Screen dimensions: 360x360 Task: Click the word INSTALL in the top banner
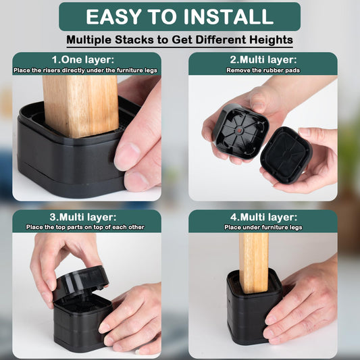tap(228, 16)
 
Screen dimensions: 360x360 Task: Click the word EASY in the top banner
tap(114, 16)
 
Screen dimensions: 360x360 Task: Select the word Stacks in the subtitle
tap(134, 40)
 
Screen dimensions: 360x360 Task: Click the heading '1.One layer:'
tap(83, 59)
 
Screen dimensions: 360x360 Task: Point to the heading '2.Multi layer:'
tap(263, 59)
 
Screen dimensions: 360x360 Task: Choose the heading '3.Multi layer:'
tap(83, 217)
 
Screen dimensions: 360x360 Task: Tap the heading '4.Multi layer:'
tap(263, 217)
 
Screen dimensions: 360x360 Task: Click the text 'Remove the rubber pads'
tap(263, 70)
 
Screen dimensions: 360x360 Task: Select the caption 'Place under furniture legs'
tap(263, 228)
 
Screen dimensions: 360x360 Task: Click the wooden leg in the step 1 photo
tap(81, 106)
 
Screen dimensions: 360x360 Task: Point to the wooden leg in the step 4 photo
tap(254, 263)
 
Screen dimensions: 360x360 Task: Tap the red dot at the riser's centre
tap(239, 131)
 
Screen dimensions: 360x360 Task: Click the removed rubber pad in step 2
tap(286, 155)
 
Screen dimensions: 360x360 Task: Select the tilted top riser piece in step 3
tap(80, 282)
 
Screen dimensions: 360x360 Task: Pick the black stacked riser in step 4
tap(255, 307)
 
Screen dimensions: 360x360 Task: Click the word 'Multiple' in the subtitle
tap(88, 40)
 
